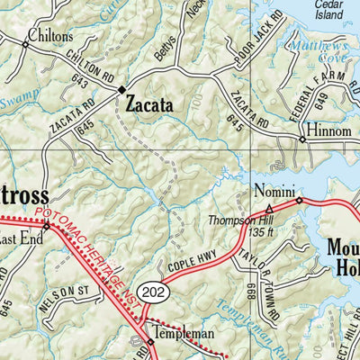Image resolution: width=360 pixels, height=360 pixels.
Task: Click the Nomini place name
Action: pos(272,191)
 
